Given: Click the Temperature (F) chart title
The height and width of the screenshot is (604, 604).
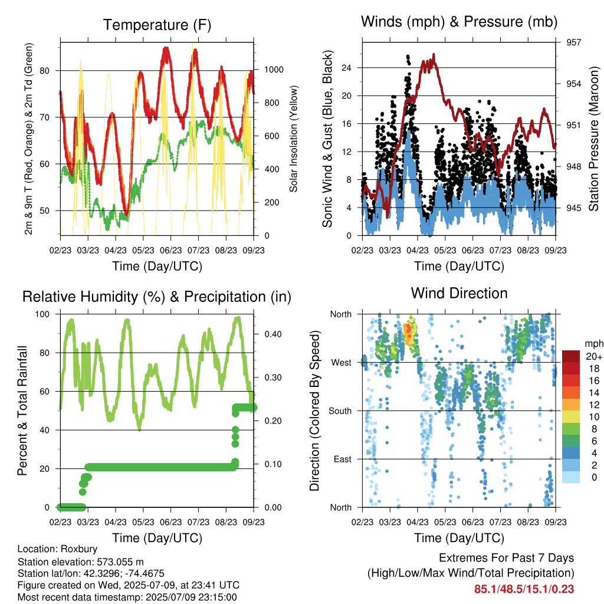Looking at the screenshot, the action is coord(157,25).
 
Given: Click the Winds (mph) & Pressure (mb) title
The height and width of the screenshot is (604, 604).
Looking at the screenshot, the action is coord(459,22).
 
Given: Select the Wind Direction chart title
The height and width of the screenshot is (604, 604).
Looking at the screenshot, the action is coord(459,293).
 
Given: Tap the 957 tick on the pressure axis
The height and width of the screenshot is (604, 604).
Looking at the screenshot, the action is coord(573,42).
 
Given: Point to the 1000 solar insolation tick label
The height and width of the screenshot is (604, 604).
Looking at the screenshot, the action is coord(274,70).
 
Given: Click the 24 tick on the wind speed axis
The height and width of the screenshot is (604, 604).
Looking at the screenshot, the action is coord(346,68).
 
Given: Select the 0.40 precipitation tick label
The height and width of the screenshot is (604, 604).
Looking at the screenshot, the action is coord(273,334).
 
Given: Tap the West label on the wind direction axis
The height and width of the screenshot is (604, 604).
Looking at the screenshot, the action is coord(342,363).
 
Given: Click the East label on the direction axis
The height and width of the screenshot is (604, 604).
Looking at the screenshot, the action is coord(343,459).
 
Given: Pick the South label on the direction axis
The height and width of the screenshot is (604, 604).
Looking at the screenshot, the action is coord(340,411).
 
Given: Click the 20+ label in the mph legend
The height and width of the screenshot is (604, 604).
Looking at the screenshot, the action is coord(594,356).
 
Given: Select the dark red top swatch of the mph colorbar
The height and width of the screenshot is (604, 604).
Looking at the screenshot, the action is coord(571,356).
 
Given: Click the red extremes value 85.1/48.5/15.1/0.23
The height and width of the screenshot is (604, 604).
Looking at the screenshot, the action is coord(524,589).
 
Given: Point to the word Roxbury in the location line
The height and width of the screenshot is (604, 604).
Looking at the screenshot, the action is coord(79,549).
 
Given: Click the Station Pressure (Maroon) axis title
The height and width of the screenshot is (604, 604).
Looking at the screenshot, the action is coord(593,139).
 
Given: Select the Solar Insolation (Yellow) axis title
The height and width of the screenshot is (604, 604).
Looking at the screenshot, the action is coord(294,139).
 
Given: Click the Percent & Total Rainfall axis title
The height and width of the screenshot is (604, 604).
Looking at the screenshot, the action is coord(22,411).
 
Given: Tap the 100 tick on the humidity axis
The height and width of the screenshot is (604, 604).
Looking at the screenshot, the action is coord(42,314).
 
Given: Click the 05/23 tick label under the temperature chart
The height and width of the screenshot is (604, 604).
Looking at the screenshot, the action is coord(143,250).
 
